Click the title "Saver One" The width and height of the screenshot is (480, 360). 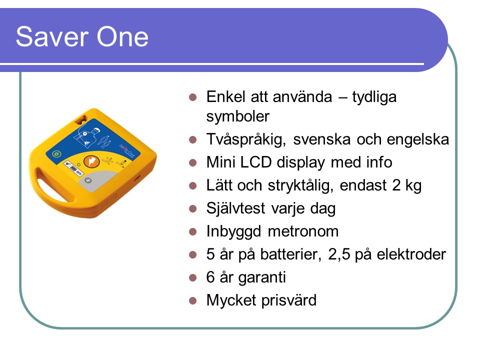coord(82,36)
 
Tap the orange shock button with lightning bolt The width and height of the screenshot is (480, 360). coord(90,161)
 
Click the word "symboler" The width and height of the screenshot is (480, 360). coord(237,116)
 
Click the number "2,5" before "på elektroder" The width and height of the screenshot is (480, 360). coord(339,254)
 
